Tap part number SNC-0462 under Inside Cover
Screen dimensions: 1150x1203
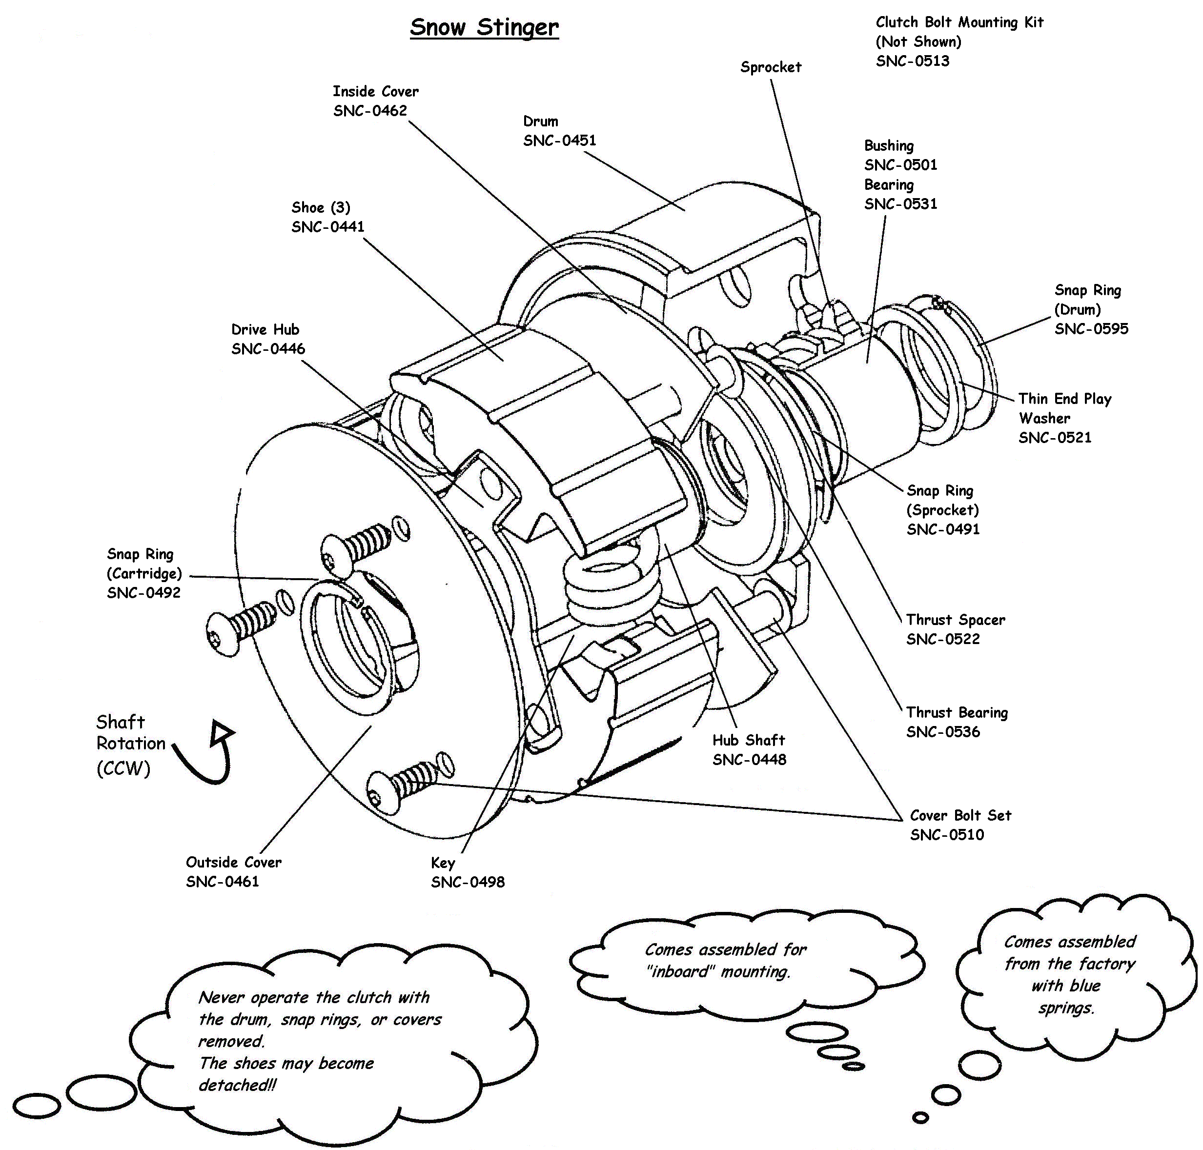[x=370, y=111]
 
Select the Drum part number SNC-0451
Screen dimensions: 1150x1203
[x=559, y=141]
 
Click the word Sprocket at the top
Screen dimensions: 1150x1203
[x=770, y=67]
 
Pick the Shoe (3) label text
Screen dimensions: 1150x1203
[x=321, y=207]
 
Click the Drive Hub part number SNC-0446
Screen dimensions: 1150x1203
[x=268, y=349]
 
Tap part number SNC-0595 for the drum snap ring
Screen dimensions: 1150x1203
[x=1091, y=329]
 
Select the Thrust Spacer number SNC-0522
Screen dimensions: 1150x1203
[x=942, y=639]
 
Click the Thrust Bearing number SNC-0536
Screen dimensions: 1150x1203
[x=942, y=732]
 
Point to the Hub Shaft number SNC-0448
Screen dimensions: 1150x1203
[x=749, y=760]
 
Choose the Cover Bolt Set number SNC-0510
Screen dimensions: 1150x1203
[x=946, y=835]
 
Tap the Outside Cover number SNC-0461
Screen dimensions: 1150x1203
[x=222, y=882]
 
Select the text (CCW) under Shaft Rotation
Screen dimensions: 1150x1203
[x=123, y=768]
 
